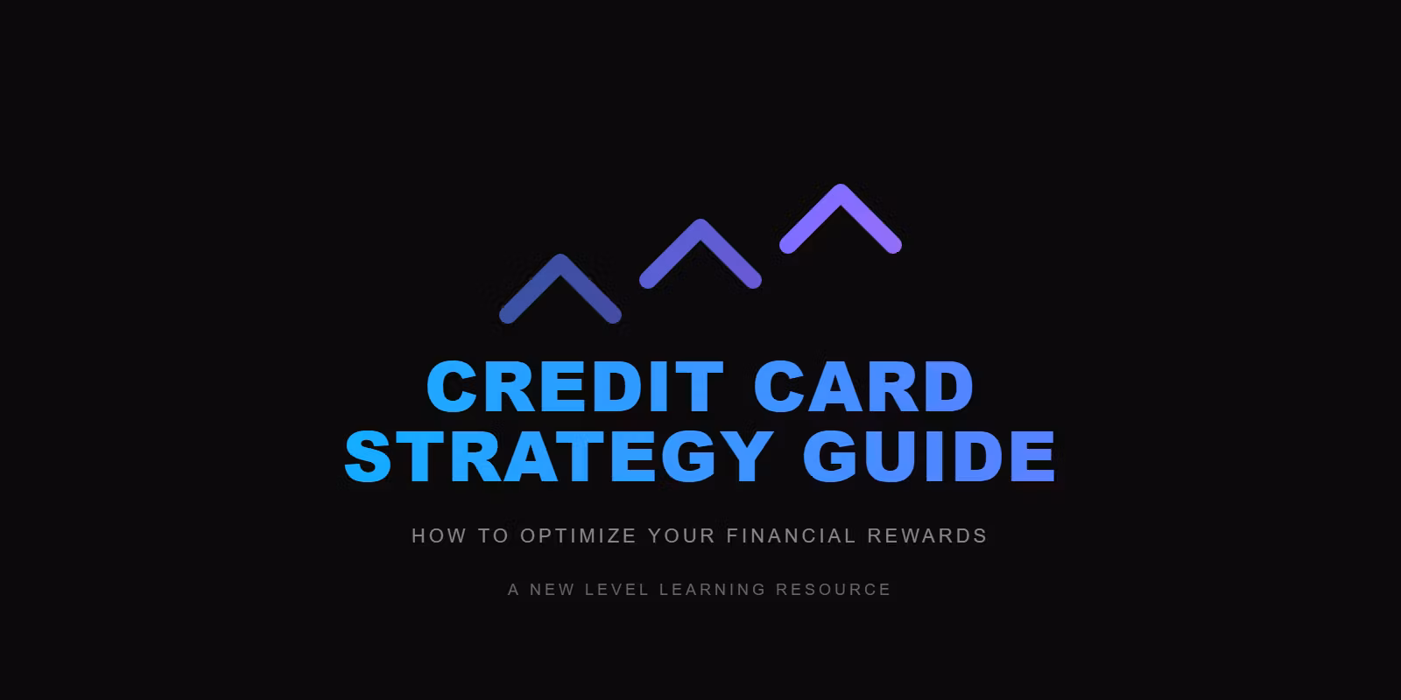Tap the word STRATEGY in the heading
pos(557,456)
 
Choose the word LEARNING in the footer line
pos(713,590)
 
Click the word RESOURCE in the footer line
pos(833,590)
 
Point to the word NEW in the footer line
pos(552,590)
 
